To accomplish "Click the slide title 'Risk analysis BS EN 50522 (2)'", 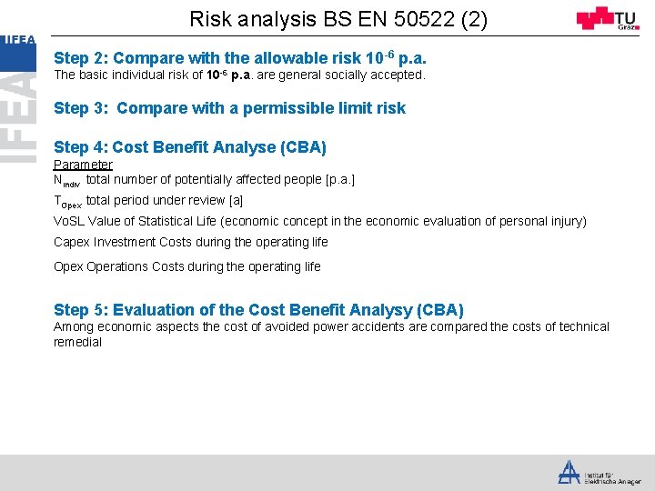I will [338, 18].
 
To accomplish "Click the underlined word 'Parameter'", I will [83, 165].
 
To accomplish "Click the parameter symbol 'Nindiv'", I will [67, 181].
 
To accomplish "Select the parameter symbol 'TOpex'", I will [67, 202].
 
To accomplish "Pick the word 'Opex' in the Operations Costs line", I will [68, 266].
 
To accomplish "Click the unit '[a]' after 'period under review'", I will [237, 200].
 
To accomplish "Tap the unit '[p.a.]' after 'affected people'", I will [339, 180].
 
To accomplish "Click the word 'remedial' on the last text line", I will [77, 343].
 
